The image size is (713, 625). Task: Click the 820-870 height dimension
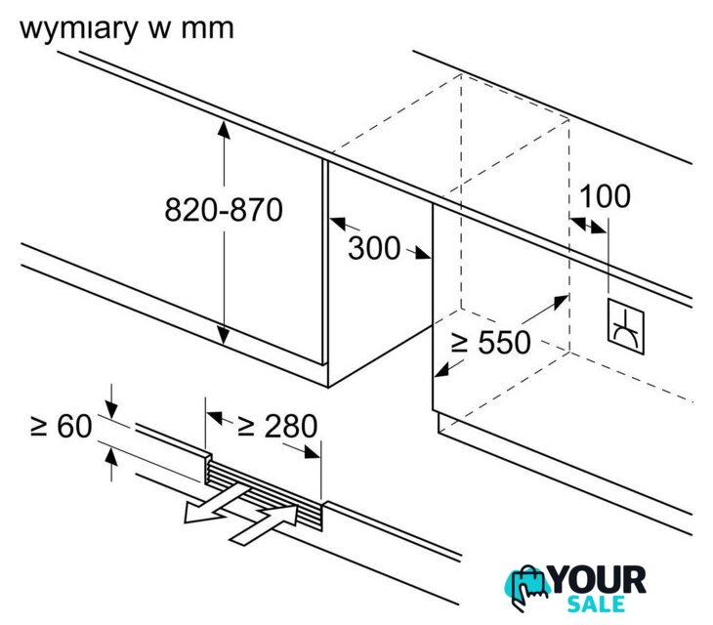(223, 209)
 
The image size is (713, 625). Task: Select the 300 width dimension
(374, 248)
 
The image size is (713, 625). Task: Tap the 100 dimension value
(605, 196)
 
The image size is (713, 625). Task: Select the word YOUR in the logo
(598, 580)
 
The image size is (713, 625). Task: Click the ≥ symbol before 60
(39, 426)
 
